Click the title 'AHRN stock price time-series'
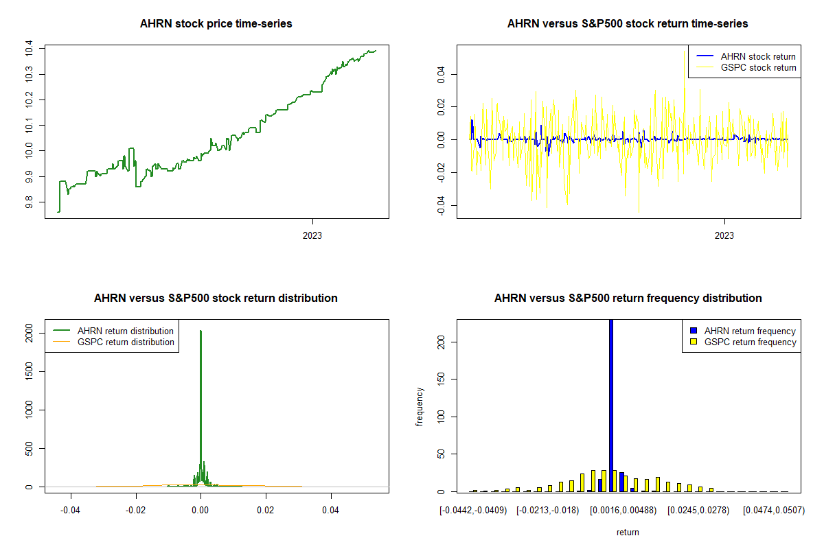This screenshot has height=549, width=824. (x=216, y=23)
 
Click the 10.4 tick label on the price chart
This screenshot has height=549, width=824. (x=29, y=48)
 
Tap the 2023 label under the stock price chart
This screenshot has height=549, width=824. (x=312, y=235)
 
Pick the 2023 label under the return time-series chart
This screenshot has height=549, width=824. (x=724, y=235)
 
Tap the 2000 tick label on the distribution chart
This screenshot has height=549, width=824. (x=29, y=333)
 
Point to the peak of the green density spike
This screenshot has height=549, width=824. (x=201, y=331)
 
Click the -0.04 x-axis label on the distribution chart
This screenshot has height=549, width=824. (x=70, y=510)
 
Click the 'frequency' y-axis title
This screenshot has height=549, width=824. (x=420, y=407)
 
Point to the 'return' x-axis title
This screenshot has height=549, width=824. (x=628, y=532)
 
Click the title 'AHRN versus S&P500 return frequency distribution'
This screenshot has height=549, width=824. (x=628, y=298)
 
